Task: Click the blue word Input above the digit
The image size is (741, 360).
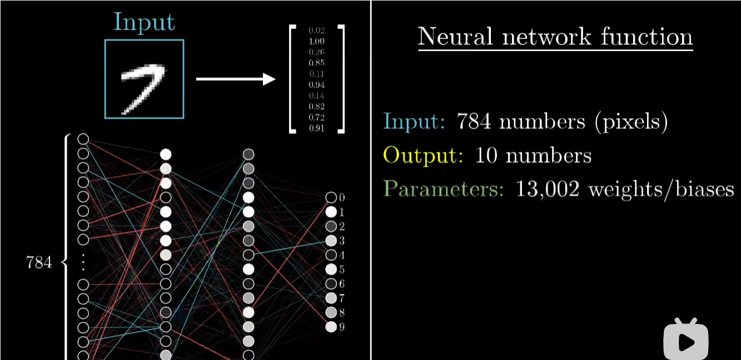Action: (144, 22)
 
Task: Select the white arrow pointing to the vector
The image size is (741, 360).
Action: (236, 79)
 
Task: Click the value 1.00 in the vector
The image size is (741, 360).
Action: (316, 42)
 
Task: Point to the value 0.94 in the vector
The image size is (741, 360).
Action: (316, 85)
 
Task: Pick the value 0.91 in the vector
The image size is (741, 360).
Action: (316, 128)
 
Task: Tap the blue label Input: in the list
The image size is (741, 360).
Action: (414, 121)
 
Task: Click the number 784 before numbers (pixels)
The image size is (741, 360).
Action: (474, 121)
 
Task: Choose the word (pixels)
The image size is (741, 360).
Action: (631, 122)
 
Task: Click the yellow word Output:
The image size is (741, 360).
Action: (423, 156)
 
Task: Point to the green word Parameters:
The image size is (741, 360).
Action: (444, 189)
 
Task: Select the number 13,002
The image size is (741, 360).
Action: (548, 190)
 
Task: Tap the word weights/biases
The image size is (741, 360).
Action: (661, 190)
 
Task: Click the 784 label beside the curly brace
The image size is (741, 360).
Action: (39, 262)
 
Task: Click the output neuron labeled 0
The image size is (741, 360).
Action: (331, 197)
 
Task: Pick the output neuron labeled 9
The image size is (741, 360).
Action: (331, 327)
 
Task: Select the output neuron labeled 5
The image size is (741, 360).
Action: (331, 269)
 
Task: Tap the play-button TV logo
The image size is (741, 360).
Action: (686, 339)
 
